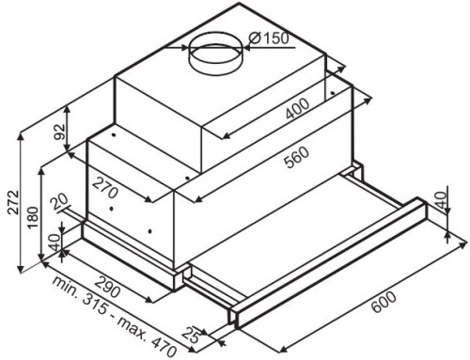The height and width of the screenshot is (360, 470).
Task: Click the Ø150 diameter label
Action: [x=269, y=39]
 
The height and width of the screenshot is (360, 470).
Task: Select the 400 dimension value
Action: [x=297, y=109]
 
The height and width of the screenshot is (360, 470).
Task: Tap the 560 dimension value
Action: [x=296, y=157]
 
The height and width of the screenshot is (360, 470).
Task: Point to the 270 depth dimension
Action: [x=105, y=187]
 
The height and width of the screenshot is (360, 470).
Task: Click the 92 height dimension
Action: [x=59, y=132]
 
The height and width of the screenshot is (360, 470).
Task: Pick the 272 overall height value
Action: [x=13, y=202]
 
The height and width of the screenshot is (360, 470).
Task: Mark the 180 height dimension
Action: [x=33, y=218]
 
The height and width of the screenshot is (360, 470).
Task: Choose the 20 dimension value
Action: [x=60, y=202]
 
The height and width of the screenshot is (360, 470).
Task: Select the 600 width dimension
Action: [x=384, y=302]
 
